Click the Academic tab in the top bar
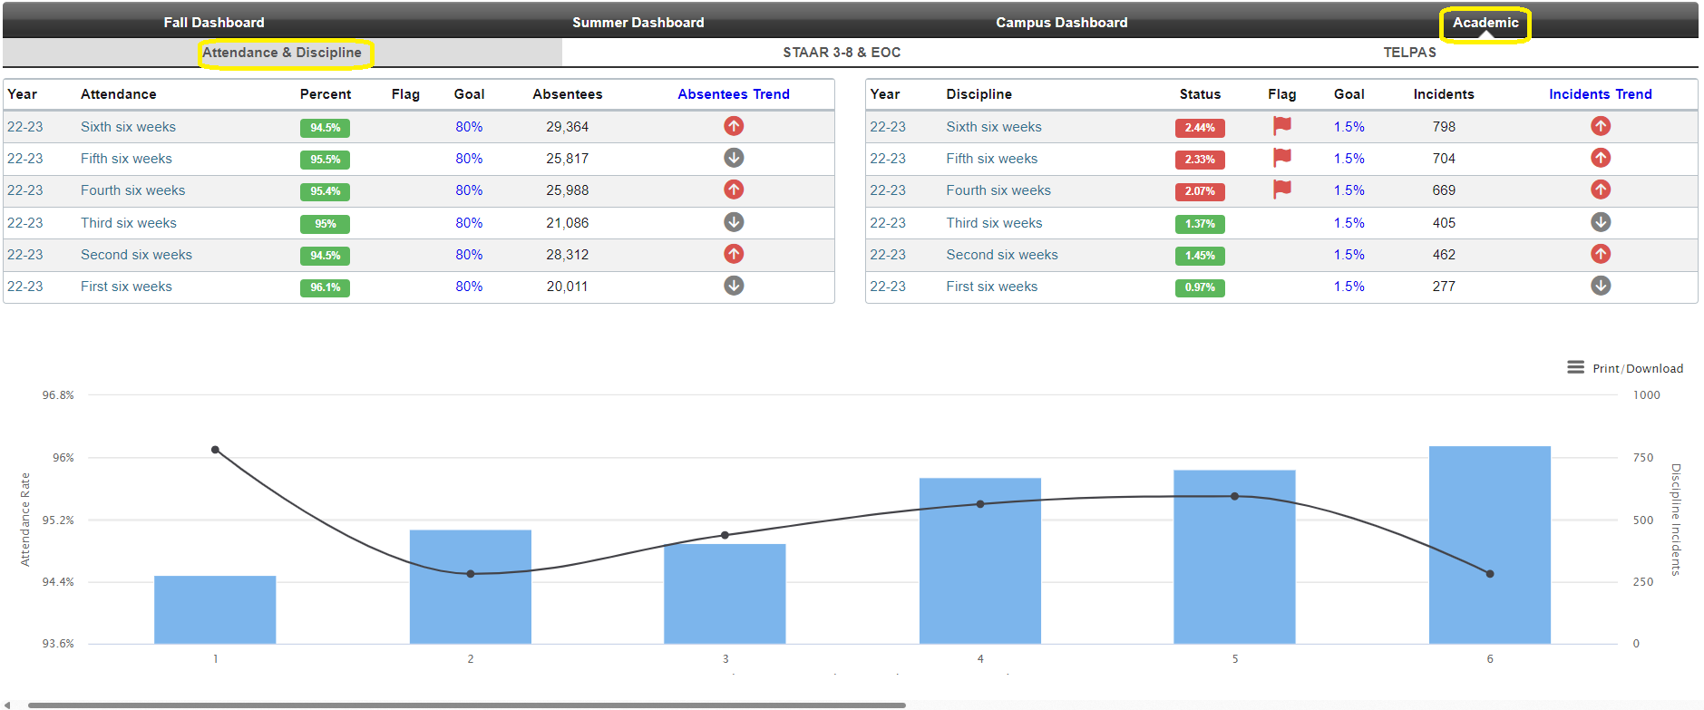(1485, 23)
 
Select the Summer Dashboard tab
(638, 23)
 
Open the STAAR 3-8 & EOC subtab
(842, 53)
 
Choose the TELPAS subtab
(1409, 53)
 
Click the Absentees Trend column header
(733, 94)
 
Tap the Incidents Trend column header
(1600, 94)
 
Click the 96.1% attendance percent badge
(325, 287)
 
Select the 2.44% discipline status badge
(1199, 128)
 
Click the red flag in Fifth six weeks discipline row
(1281, 158)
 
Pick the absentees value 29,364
(567, 127)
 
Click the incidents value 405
(1444, 223)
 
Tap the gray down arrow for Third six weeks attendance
(734, 222)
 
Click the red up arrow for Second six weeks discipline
(1601, 254)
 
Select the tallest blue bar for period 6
(1489, 544)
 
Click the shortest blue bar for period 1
(215, 609)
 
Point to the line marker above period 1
(215, 450)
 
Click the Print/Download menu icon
(1575, 367)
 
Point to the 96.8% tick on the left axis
(58, 395)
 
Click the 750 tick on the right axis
(1643, 458)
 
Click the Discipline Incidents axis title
(1676, 519)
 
